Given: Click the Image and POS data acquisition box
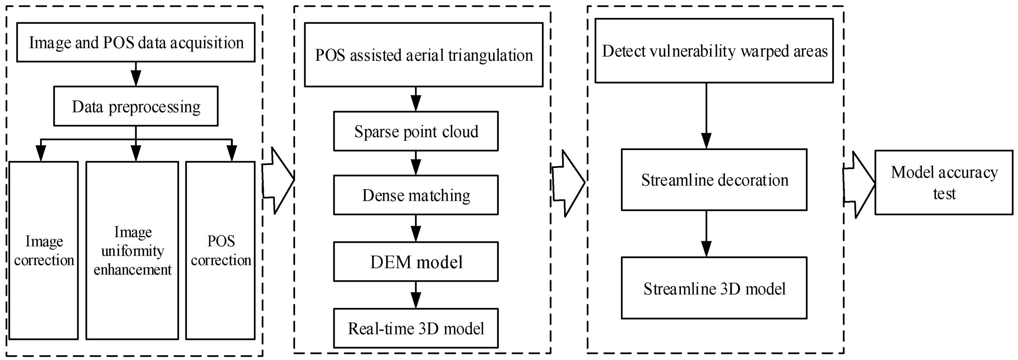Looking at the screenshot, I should pyautogui.click(x=136, y=42).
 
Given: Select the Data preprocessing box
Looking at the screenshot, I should pyautogui.click(x=136, y=106).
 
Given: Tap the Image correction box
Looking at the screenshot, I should pyautogui.click(x=44, y=250).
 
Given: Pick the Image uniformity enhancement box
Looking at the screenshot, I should pyautogui.click(x=132, y=250).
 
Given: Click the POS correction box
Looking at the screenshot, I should pyautogui.click(x=221, y=250).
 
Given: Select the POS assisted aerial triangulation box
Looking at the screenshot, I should pyautogui.click(x=424, y=55).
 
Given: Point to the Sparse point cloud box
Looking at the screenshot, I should pyautogui.click(x=416, y=131).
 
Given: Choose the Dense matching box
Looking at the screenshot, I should pyautogui.click(x=416, y=195).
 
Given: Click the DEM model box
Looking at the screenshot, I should pyautogui.click(x=416, y=262).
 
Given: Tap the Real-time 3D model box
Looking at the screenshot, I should pyautogui.click(x=416, y=328).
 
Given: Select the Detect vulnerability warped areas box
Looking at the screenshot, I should pyautogui.click(x=714, y=51).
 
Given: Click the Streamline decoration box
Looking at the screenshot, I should pyautogui.click(x=714, y=180).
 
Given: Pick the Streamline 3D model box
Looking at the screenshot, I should pyautogui.click(x=714, y=288).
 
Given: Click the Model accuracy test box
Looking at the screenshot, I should pyautogui.click(x=944, y=183).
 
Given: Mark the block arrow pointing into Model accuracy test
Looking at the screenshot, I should pyautogui.click(x=859, y=184).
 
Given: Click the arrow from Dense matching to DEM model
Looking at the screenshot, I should pyautogui.click(x=416, y=228).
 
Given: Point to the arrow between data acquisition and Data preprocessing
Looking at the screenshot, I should pyautogui.click(x=136, y=74).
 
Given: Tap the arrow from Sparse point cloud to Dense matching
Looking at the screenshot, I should pyautogui.click(x=416, y=163).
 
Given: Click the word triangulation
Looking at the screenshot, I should pyautogui.click(x=490, y=55).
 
